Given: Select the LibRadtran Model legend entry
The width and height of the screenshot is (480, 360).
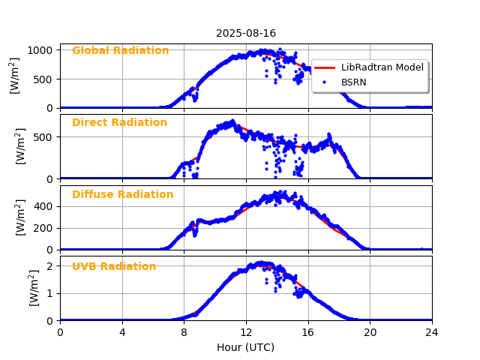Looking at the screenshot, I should pos(382,67).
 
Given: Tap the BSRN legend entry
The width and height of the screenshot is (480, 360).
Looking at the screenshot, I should pos(353,82).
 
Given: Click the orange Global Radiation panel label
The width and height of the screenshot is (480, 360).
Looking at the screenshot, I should pos(120,51).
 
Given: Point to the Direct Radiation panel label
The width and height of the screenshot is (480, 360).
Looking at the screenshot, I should pos(119,123).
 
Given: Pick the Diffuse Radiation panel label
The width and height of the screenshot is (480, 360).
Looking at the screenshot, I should pos(122,195).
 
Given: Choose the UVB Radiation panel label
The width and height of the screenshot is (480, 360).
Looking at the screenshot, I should pos(114,267).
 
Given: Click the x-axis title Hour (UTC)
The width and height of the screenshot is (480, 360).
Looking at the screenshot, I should pos(245,347).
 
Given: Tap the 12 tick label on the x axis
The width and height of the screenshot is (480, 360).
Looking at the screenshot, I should pos(246,332).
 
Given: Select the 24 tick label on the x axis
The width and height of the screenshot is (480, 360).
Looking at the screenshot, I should pos(432,332).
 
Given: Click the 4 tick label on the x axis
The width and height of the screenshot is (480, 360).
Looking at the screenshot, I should pos(122,332).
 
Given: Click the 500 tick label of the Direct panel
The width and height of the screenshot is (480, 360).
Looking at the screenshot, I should pos(44,137).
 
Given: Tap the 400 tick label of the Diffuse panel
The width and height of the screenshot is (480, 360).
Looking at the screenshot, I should pos(44,206).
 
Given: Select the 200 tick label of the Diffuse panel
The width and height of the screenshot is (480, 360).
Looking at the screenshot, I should pos(44,228).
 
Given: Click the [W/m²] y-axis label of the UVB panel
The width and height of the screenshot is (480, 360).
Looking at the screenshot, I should pos(34,287).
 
